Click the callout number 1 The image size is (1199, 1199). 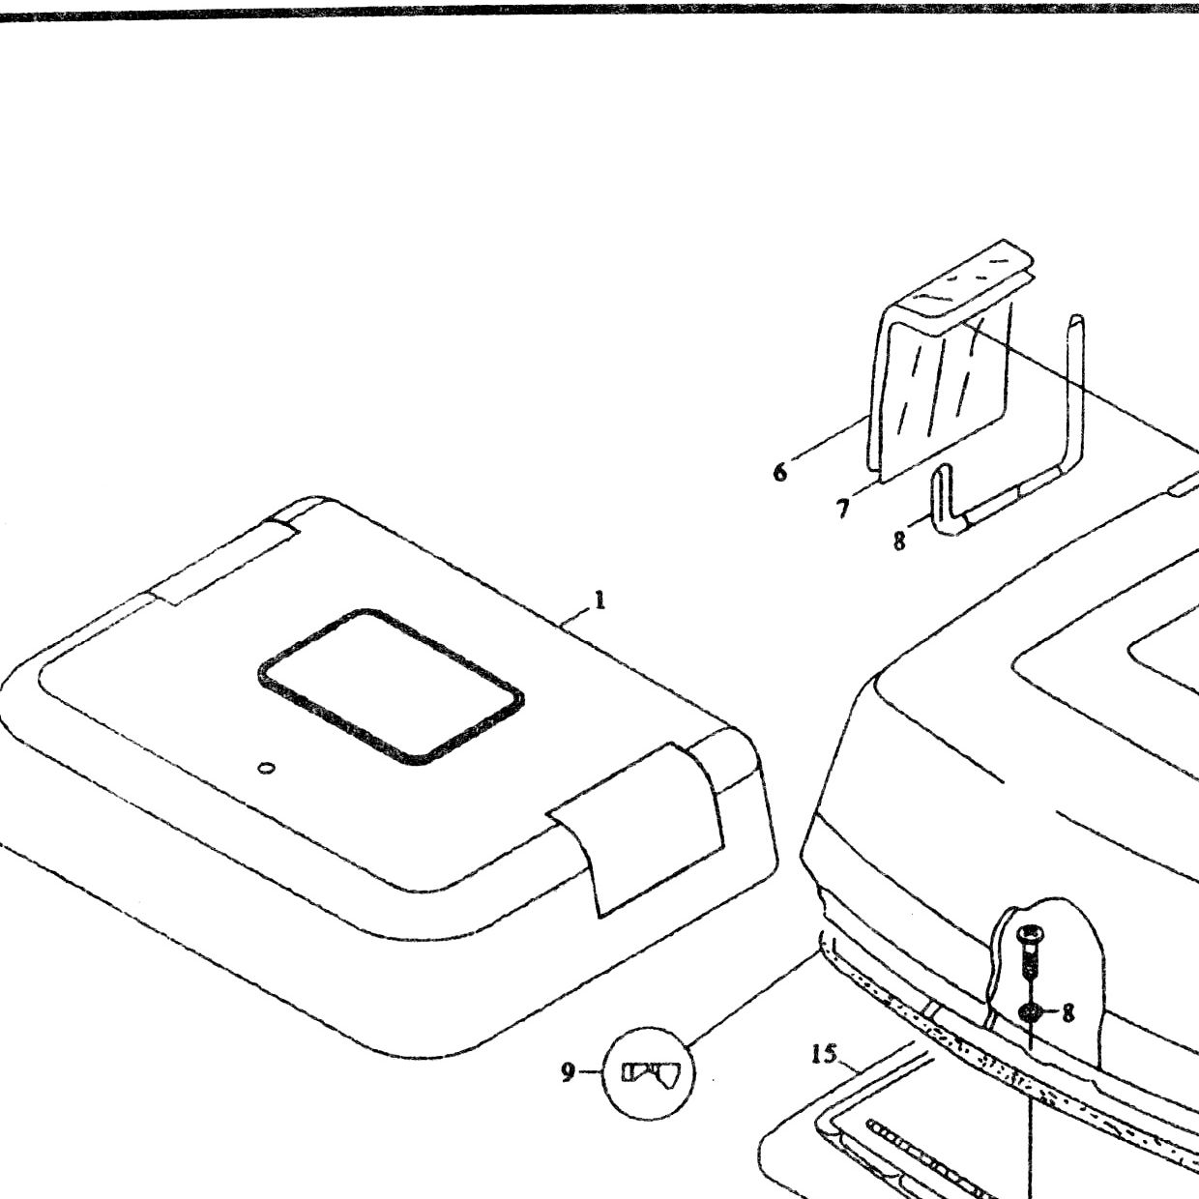coord(599,600)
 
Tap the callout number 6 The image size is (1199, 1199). coord(780,472)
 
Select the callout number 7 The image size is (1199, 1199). coord(842,509)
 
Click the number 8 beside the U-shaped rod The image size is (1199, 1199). coord(899,541)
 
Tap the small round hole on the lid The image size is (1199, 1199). coord(266,768)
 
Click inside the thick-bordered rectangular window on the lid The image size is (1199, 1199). coord(391,686)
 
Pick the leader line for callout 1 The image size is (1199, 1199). coord(574,617)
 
